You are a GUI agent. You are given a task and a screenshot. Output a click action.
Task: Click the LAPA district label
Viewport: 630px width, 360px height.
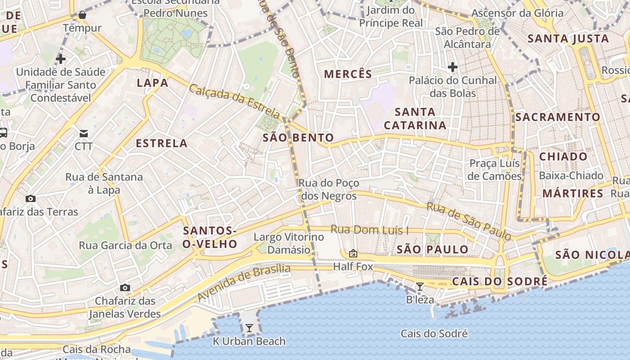(153, 83)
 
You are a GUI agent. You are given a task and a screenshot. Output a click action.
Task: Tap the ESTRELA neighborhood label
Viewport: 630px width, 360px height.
(162, 144)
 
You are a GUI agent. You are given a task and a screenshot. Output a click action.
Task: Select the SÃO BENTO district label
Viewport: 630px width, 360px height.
(298, 138)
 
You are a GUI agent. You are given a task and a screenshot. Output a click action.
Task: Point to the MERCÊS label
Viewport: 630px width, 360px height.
(348, 74)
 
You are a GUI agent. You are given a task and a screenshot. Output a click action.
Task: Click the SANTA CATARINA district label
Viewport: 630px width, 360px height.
(415, 118)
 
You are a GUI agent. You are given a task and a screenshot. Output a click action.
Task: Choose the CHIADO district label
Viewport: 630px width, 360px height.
(563, 157)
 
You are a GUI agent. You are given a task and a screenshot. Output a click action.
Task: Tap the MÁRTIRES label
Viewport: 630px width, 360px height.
(572, 193)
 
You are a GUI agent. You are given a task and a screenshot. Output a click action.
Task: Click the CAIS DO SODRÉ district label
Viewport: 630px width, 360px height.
(499, 282)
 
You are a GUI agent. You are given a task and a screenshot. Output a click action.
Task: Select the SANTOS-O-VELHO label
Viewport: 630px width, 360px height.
(210, 238)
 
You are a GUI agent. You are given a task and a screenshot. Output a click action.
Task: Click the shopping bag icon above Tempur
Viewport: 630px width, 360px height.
(82, 15)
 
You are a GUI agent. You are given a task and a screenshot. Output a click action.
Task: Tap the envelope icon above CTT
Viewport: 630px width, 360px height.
(84, 133)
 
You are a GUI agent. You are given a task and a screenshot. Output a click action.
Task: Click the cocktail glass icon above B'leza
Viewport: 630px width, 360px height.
(419, 286)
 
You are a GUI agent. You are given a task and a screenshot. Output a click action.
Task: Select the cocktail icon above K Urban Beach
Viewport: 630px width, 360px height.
(249, 328)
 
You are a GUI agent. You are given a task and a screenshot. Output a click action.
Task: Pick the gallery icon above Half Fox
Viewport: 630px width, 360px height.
(353, 253)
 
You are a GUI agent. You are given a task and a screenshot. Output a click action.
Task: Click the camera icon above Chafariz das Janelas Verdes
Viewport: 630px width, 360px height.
(125, 288)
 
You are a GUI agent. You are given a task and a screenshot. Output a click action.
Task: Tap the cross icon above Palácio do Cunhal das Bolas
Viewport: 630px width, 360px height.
(453, 67)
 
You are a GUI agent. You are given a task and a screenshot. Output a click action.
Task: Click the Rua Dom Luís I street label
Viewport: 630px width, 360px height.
(369, 230)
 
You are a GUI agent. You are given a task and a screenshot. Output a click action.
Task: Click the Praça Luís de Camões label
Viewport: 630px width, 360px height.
(495, 169)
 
